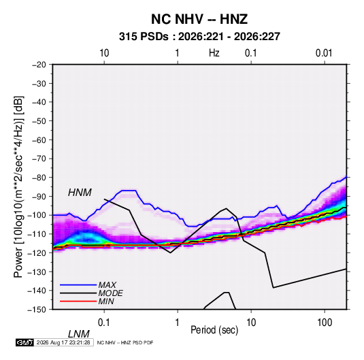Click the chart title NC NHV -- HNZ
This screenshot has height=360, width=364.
199,19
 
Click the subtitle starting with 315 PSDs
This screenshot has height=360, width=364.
199,37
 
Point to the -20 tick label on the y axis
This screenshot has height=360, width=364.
39,65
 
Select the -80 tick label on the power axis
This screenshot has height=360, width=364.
39,178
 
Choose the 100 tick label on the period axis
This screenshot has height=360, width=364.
325,323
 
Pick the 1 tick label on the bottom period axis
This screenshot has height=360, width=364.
178,323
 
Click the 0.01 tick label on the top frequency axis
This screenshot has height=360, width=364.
324,53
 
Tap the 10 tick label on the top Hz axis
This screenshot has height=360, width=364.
104,53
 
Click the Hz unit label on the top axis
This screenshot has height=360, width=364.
214,53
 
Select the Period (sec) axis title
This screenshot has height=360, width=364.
214,330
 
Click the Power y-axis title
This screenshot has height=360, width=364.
18,187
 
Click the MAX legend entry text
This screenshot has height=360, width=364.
107,285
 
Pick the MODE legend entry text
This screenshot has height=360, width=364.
110,293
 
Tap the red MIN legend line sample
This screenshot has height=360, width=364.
78,301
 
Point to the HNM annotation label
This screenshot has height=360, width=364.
80,193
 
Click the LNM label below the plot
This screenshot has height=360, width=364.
78,334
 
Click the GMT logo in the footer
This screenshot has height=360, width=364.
24,342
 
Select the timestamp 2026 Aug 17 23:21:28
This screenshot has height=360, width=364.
63,342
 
